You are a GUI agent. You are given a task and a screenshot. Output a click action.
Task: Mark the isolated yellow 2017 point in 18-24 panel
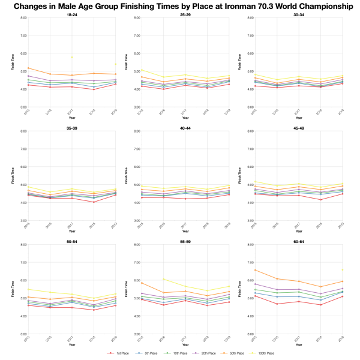[72, 58]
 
